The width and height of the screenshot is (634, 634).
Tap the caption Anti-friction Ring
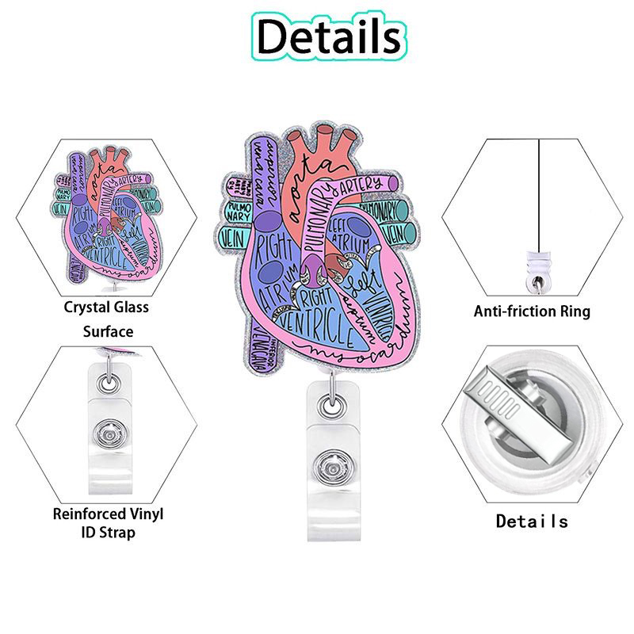pos(532,311)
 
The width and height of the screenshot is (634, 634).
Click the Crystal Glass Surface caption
pos(106,319)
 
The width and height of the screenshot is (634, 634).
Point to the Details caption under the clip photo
pos(532,521)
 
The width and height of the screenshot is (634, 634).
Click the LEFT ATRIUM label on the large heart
pos(346,231)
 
